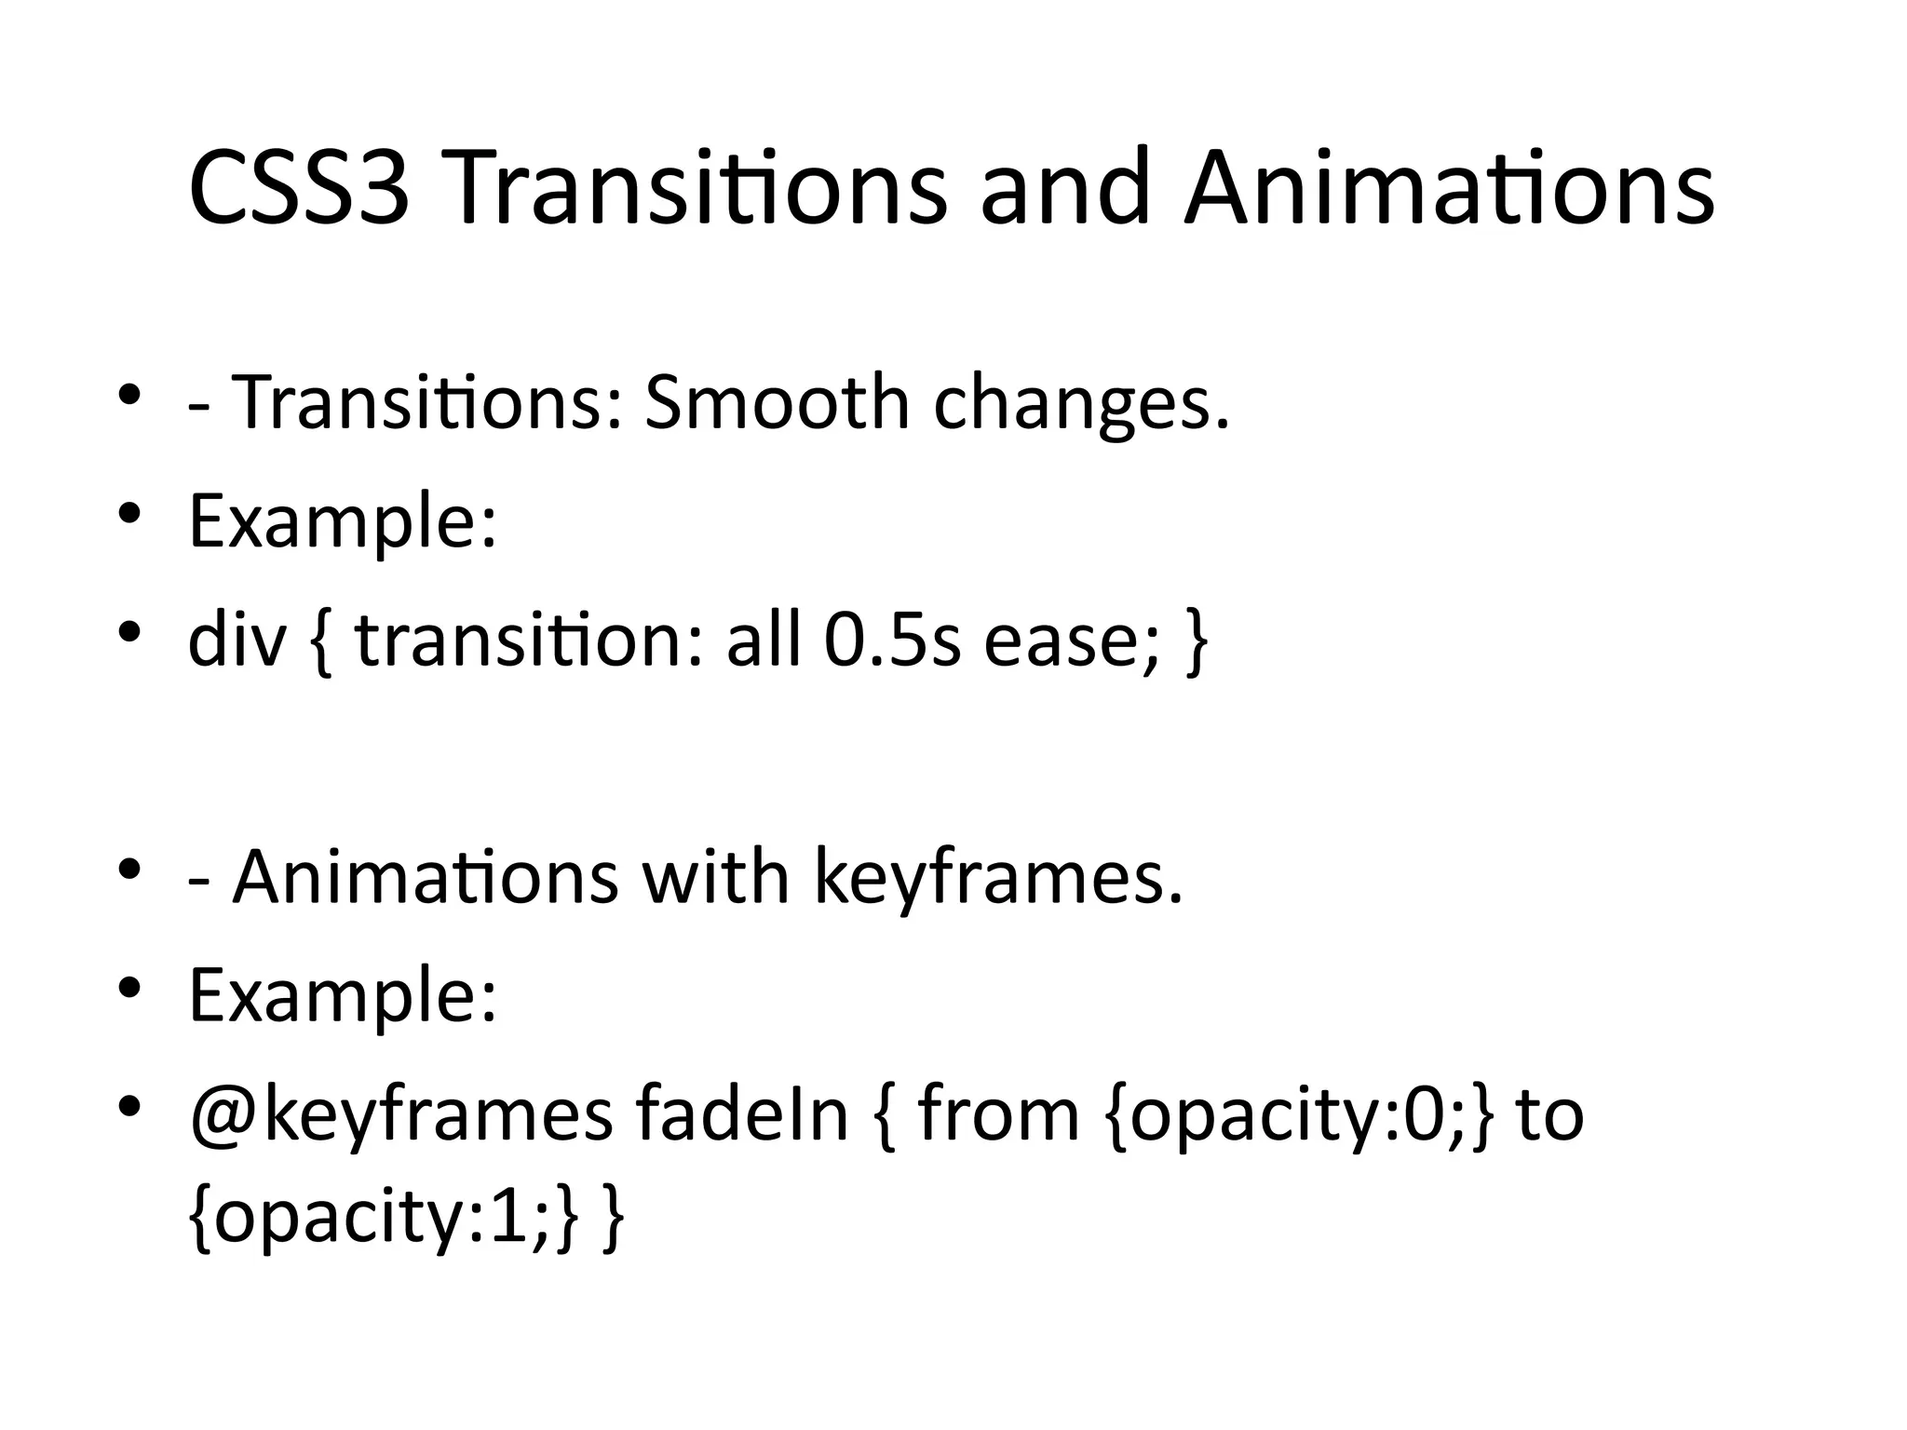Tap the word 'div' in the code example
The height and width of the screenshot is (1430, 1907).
[236, 641]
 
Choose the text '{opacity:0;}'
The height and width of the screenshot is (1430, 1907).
[1300, 1116]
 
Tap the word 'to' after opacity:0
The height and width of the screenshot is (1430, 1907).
[1550, 1116]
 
